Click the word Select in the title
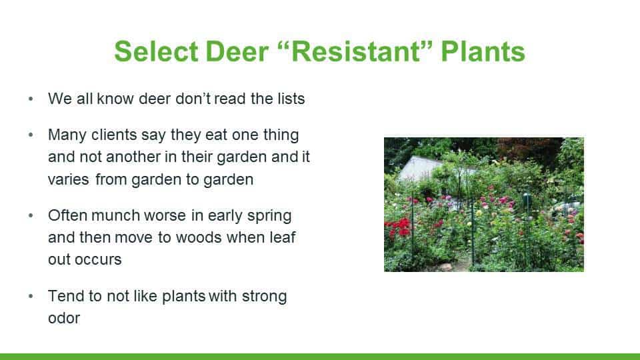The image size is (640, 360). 156,51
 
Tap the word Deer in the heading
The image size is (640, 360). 237,51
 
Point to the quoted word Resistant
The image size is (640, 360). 355,51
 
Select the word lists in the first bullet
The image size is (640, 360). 291,99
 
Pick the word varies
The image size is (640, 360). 69,179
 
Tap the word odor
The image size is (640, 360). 64,318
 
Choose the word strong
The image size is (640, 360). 265,297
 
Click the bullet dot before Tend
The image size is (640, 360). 31,296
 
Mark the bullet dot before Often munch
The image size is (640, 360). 31,215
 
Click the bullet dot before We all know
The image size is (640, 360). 31,99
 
